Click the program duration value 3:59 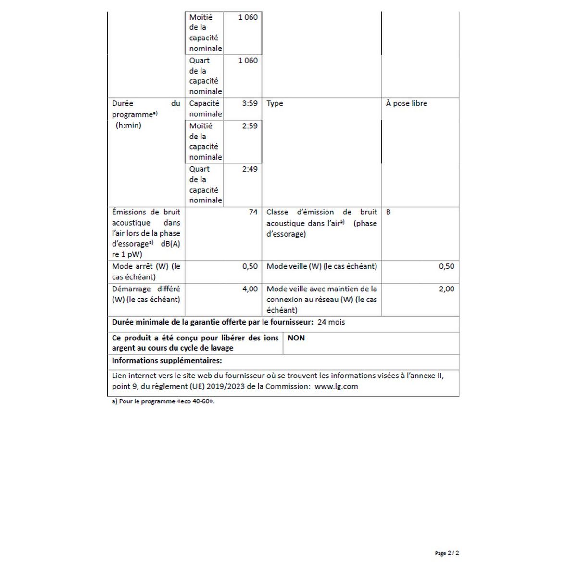pos(250,103)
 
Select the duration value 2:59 pos(250,126)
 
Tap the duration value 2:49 pos(250,169)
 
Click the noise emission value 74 pos(253,212)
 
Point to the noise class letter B pos(389,212)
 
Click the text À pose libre pos(406,103)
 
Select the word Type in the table pos(275,103)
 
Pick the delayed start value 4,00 pos(250,289)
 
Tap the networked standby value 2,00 pos(446,289)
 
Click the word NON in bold pos(296,338)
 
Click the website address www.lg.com pos(336,386)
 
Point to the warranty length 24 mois pos(331,322)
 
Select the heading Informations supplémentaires pos(167,361)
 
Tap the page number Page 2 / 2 pos(447,553)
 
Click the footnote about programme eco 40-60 pos(163,401)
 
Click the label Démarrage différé pos(146,289)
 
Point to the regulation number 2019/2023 pos(229,386)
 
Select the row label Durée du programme pos(146,109)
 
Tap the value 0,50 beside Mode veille pos(446,266)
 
